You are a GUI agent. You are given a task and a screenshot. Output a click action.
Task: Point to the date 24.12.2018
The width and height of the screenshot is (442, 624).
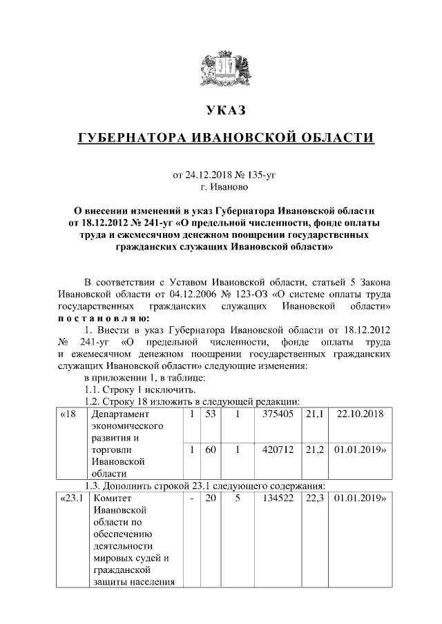click(x=213, y=175)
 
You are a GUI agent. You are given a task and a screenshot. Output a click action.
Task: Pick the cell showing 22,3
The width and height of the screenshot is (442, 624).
click(x=314, y=498)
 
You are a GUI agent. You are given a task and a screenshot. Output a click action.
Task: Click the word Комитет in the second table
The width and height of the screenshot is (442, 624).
click(x=112, y=498)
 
